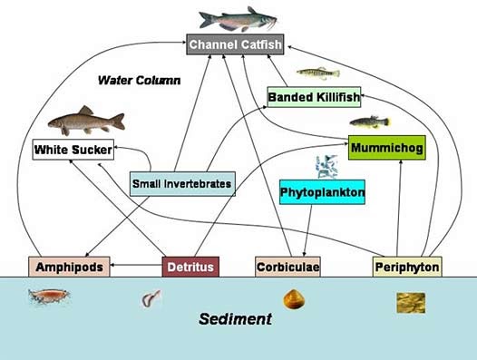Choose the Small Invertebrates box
coord(182,184)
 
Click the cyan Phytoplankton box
coord(322,193)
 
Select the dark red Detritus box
coord(191,267)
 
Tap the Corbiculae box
coord(288,267)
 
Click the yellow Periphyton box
coord(407,267)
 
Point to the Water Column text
coord(140,81)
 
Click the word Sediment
coord(236,319)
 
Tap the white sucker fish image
coord(85,120)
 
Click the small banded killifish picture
coord(317,73)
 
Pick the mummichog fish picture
coord(370,121)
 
